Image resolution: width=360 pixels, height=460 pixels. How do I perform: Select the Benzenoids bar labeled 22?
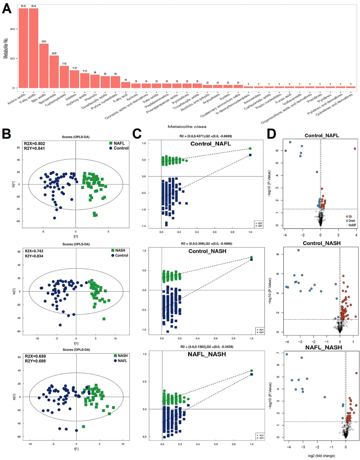54,72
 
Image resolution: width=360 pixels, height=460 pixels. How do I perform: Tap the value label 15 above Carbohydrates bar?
64,63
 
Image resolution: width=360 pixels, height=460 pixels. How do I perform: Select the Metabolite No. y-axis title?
5,48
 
